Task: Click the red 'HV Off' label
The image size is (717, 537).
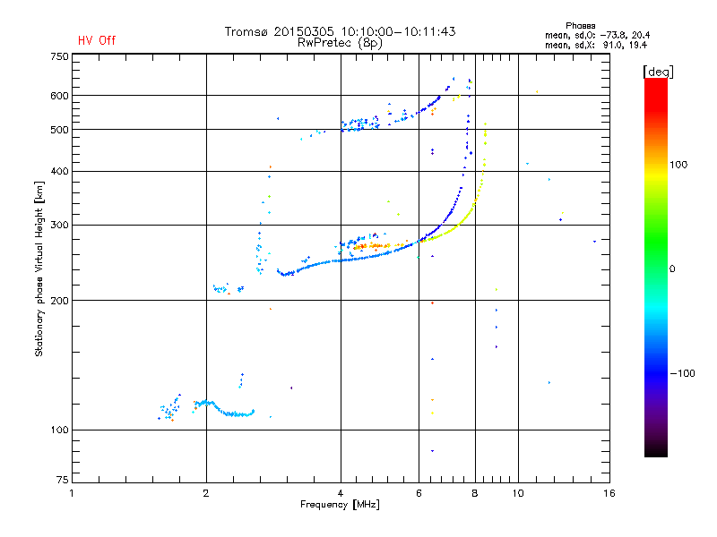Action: tap(97, 40)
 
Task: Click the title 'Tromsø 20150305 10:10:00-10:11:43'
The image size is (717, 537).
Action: tap(340, 31)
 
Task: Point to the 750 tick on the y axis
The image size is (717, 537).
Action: tap(59, 55)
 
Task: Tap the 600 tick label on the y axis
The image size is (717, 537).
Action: tap(59, 96)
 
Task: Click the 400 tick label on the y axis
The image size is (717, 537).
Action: tap(59, 171)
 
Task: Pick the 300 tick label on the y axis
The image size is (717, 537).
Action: tap(59, 225)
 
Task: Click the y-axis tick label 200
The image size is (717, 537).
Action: tap(59, 301)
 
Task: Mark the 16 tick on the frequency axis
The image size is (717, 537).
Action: tap(609, 493)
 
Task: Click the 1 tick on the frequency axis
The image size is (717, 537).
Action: tap(73, 493)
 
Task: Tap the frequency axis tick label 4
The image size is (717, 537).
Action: tap(341, 493)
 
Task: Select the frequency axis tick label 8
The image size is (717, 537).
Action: tap(475, 493)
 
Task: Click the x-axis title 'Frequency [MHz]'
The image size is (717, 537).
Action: tap(340, 506)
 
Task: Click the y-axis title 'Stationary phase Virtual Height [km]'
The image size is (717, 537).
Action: tap(39, 269)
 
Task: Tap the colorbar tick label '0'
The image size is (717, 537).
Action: tap(675, 268)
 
